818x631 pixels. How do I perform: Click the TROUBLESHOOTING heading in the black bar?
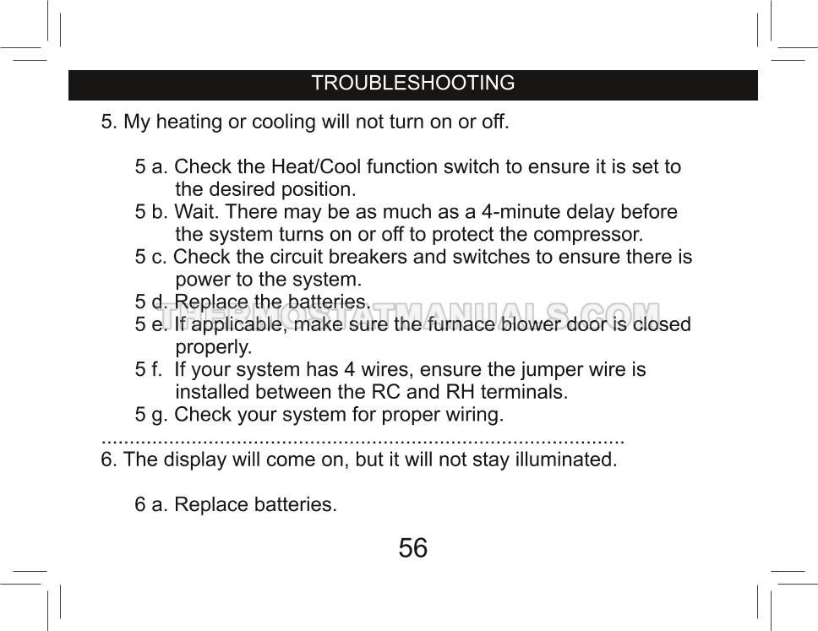pyautogui.click(x=412, y=84)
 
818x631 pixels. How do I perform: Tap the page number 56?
pyautogui.click(x=412, y=548)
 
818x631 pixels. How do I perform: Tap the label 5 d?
pyautogui.click(x=150, y=302)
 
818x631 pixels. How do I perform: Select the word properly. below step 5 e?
pyautogui.click(x=213, y=347)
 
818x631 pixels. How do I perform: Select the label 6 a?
pyautogui.click(x=150, y=505)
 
